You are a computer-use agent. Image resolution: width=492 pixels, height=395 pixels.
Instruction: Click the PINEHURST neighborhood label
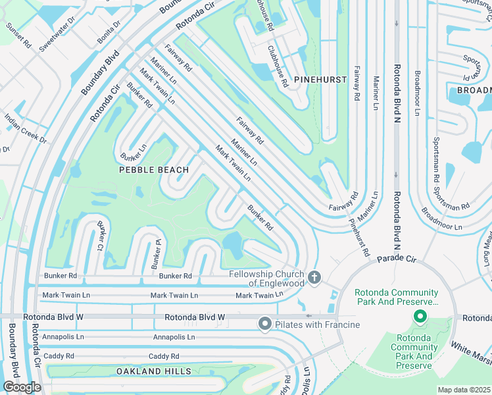pyautogui.click(x=320, y=79)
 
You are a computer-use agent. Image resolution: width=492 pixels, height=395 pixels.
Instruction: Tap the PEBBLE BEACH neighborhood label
pyautogui.click(x=153, y=170)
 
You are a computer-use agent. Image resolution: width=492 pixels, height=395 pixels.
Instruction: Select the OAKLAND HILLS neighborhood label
pyautogui.click(x=154, y=371)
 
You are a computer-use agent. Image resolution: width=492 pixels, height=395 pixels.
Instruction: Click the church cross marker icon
pyautogui.click(x=314, y=278)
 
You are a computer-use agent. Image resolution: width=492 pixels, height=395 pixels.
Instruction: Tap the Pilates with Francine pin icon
pyautogui.click(x=265, y=323)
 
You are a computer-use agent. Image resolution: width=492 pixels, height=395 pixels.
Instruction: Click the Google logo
pyautogui.click(x=21, y=387)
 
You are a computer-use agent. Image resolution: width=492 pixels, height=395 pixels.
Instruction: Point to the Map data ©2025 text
pyautogui.click(x=464, y=390)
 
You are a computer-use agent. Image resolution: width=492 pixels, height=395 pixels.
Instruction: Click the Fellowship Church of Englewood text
pyautogui.click(x=266, y=278)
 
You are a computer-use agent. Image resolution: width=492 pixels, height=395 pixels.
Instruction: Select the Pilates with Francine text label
pyautogui.click(x=318, y=325)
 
